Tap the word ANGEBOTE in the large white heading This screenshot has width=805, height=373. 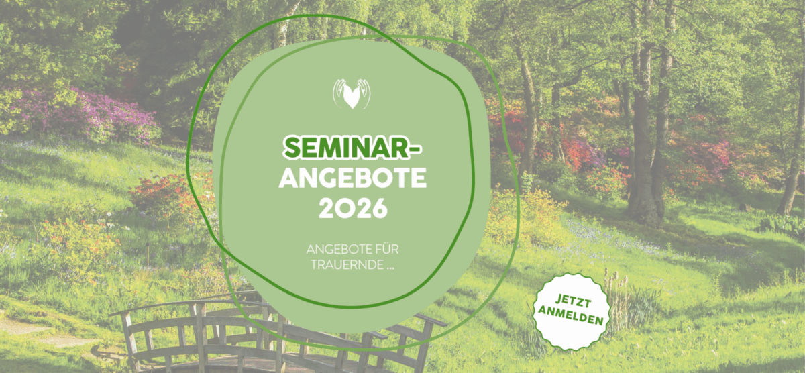coord(353,178)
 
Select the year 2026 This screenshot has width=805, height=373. coord(353,208)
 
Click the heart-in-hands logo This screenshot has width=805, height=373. coord(352,94)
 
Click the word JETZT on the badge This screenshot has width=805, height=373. coord(573,301)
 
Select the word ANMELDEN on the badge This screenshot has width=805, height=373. coord(570,315)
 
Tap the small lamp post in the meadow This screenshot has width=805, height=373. coord(148,255)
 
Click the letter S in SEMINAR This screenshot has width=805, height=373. coord(292,148)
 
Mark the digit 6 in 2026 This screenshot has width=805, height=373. coord(378,209)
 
